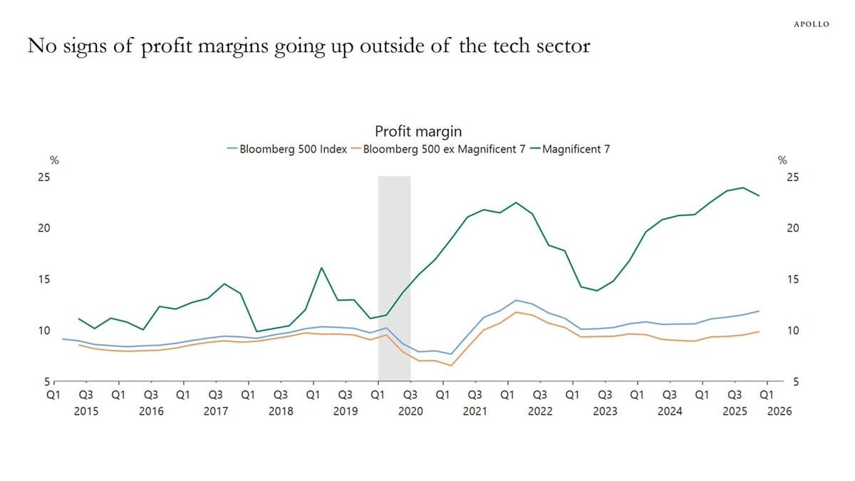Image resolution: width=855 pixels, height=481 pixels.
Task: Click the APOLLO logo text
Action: click(811, 24)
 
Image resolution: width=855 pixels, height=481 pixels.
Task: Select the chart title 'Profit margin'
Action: click(418, 131)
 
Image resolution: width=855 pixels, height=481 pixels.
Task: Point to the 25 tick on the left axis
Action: click(44, 177)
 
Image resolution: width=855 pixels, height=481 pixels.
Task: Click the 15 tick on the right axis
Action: click(792, 279)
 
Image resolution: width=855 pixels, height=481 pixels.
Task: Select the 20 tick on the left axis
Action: click(44, 229)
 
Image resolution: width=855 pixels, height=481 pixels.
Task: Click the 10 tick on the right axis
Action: click(792, 331)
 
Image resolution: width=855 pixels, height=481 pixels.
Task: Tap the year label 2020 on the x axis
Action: click(410, 411)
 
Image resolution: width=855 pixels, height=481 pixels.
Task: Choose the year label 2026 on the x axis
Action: click(779, 411)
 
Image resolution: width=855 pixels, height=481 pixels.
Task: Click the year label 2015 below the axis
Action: click(86, 411)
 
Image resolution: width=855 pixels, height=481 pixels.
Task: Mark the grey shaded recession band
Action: click(394, 278)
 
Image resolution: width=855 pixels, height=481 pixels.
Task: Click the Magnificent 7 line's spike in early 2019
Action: click(321, 268)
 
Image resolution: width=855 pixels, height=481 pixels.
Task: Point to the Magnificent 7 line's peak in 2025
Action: click(743, 187)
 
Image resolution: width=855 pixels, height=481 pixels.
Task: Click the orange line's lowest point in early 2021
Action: click(450, 366)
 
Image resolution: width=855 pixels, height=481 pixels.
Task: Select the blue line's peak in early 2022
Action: click(516, 300)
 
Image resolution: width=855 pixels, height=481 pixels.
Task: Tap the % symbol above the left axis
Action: click(53, 160)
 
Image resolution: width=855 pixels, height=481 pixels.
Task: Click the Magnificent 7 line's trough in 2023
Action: click(596, 291)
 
